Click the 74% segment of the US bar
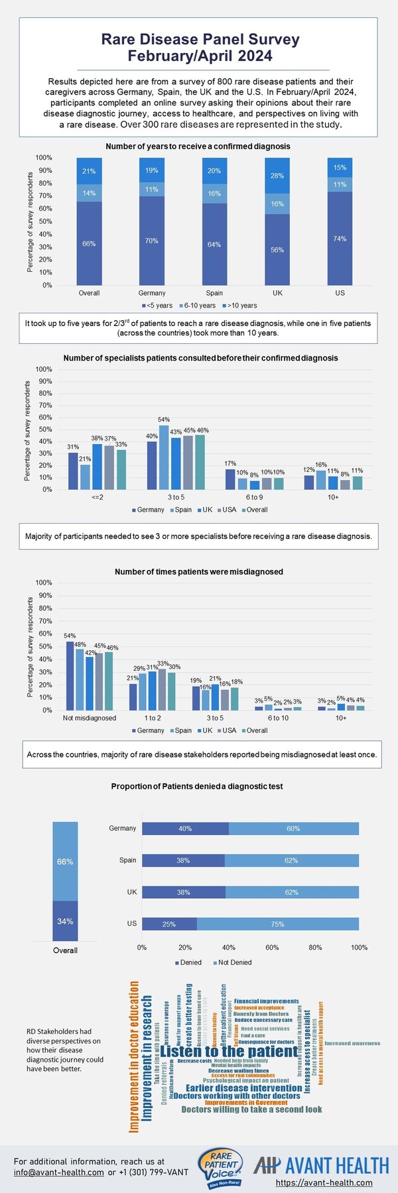point(340,239)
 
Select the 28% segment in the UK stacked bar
point(277,176)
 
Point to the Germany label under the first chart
point(152,293)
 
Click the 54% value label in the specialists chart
point(164,420)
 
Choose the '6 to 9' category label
point(254,497)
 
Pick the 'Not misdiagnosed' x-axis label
point(90,718)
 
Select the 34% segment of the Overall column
point(65,921)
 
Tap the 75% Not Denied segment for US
point(277,924)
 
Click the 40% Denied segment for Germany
point(185,828)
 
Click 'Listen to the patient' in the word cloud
point(229,1052)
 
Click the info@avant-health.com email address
point(58,1172)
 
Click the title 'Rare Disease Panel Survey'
point(200,40)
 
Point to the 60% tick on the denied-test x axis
point(272,948)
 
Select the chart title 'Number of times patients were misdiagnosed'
point(199,571)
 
